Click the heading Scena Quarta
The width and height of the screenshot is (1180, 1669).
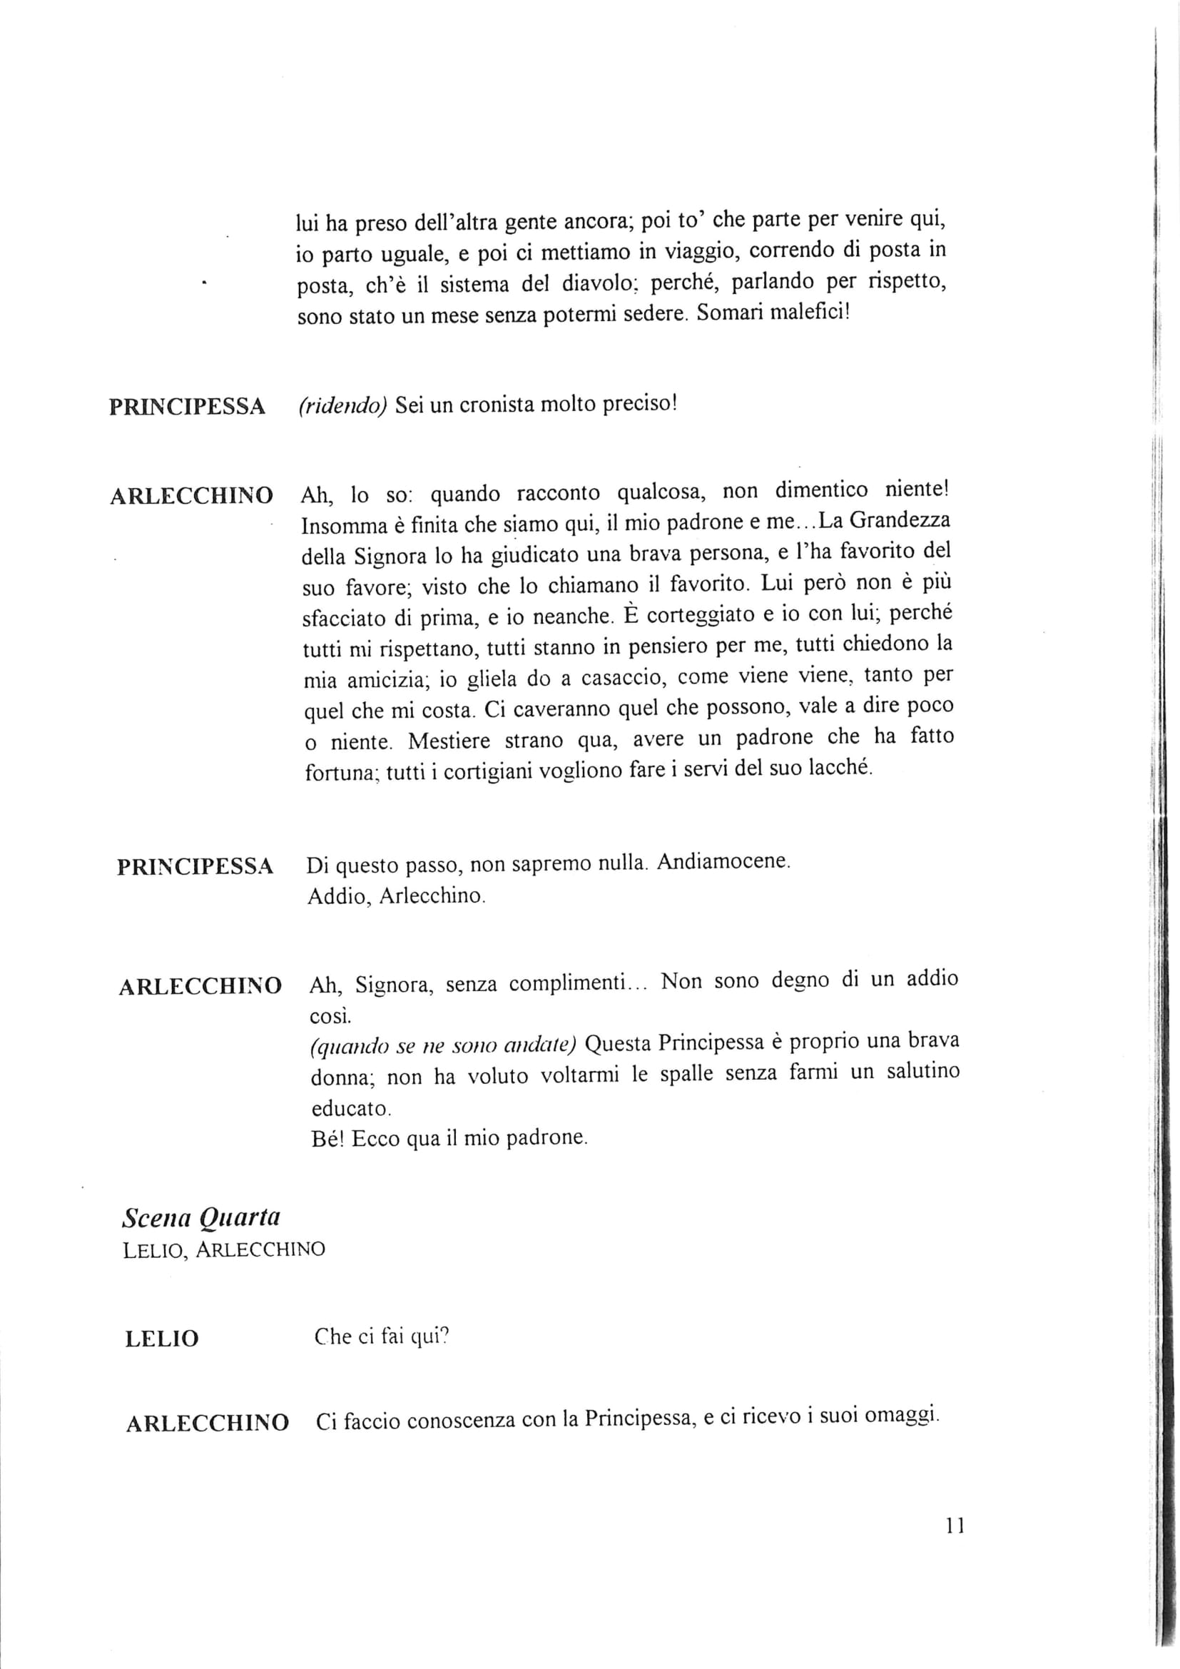(201, 1218)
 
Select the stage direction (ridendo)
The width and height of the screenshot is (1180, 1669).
(341, 405)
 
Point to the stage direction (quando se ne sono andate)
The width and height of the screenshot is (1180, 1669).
(442, 1047)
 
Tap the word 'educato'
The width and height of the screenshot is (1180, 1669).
(350, 1110)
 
